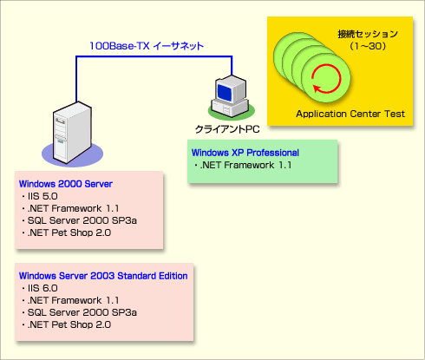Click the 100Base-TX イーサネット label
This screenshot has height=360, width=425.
pyautogui.click(x=147, y=46)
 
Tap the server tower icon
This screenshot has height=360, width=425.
pyautogui.click(x=72, y=133)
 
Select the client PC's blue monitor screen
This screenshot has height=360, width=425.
pyautogui.click(x=225, y=92)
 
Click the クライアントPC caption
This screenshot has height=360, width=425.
pyautogui.click(x=227, y=129)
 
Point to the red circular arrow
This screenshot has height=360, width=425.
pyautogui.click(x=326, y=79)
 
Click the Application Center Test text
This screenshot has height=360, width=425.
pyautogui.click(x=350, y=114)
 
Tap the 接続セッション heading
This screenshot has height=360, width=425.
pyautogui.click(x=368, y=34)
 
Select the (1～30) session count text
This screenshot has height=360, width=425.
pyautogui.click(x=368, y=46)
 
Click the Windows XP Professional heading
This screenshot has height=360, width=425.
pyautogui.click(x=245, y=153)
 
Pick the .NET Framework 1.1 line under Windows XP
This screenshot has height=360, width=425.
pyautogui.click(x=243, y=165)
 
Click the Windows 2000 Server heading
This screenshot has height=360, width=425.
pyautogui.click(x=66, y=184)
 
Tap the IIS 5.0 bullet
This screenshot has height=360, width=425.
pyautogui.click(x=40, y=196)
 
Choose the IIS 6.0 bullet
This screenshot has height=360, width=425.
pyautogui.click(x=40, y=288)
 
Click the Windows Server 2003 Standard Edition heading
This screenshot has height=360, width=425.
pyautogui.click(x=103, y=276)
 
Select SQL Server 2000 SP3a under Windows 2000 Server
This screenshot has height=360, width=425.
pyautogui.click(x=79, y=220)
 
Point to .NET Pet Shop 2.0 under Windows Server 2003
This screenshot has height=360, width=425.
pyautogui.click(x=66, y=324)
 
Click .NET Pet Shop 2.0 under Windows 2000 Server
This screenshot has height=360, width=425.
pyautogui.click(x=66, y=232)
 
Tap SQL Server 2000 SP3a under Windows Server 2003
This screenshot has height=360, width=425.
pyautogui.click(x=79, y=312)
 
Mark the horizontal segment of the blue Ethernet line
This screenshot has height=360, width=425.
pyautogui.click(x=154, y=56)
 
